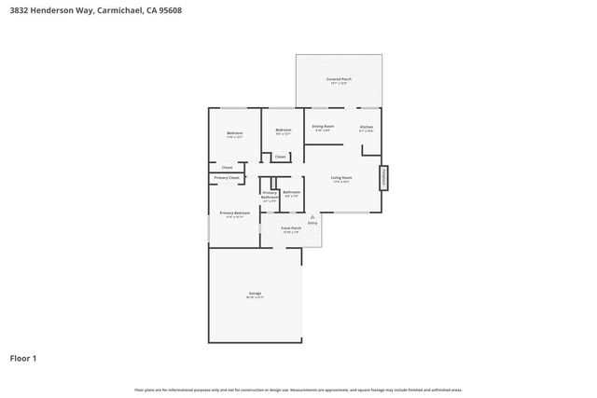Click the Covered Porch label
(x=339, y=79)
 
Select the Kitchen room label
(x=367, y=127)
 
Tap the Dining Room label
(x=323, y=126)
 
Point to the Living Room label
(x=341, y=177)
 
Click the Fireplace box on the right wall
(x=383, y=178)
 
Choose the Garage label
(x=255, y=294)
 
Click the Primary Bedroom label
(x=234, y=213)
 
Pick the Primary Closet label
(x=227, y=177)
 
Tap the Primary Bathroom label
(x=270, y=194)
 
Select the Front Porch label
(x=291, y=228)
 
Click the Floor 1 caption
(x=23, y=358)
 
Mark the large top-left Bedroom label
(x=235, y=133)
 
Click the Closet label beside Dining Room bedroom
(x=280, y=157)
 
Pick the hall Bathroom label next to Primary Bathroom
(x=291, y=192)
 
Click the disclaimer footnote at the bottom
(x=298, y=390)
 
